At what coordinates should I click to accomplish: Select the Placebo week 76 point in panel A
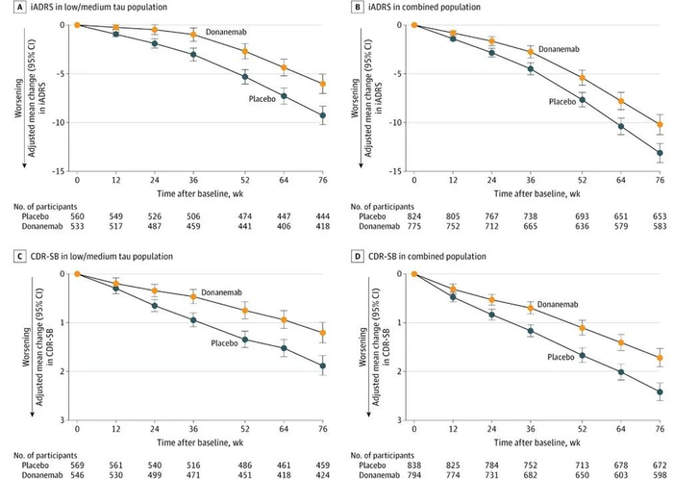[323, 115]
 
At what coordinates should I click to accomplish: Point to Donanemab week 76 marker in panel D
[660, 358]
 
